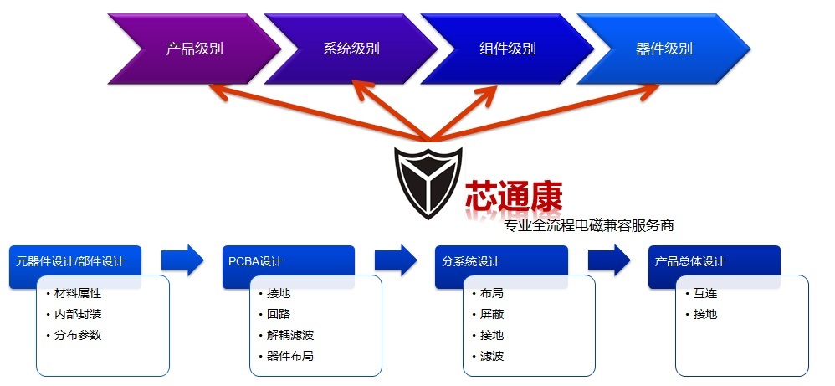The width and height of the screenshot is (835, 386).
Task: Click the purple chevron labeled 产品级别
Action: [194, 49]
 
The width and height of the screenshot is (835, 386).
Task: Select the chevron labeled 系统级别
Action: [351, 49]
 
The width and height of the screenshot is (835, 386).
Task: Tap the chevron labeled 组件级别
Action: [508, 49]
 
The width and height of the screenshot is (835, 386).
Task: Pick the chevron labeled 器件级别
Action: [664, 49]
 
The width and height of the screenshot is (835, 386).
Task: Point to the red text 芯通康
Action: [514, 197]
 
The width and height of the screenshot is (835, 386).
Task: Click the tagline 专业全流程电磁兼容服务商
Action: [589, 225]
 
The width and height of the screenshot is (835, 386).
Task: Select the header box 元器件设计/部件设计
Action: [75, 261]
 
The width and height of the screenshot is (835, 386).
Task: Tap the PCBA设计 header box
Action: [288, 261]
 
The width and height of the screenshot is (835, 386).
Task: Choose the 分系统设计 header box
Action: [501, 261]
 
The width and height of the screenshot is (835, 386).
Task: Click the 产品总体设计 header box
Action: [715, 261]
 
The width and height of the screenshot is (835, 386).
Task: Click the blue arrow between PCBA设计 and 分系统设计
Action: [396, 260]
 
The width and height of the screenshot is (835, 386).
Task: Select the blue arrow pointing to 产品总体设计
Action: [609, 260]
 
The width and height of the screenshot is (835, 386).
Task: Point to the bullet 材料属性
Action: [77, 294]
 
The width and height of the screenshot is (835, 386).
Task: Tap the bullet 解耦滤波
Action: [290, 336]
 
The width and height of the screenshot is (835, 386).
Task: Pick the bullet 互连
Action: [705, 294]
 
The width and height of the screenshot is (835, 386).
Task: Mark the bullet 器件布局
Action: [290, 356]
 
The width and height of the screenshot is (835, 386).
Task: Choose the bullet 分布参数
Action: [77, 336]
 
